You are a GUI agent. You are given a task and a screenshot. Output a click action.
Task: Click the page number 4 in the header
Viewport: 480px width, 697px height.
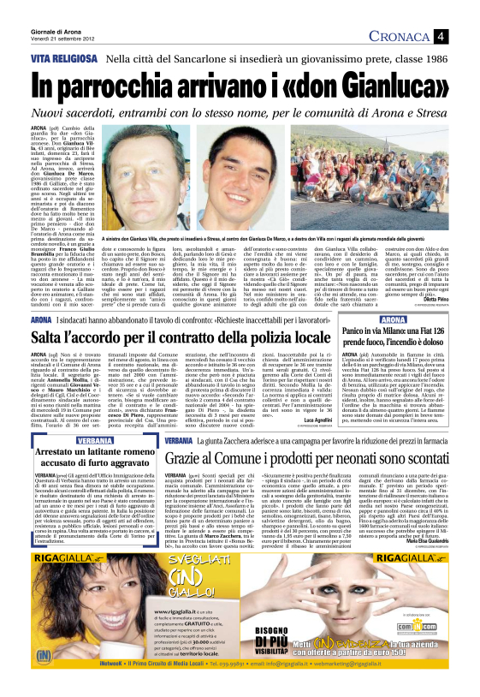[x=462, y=35]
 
